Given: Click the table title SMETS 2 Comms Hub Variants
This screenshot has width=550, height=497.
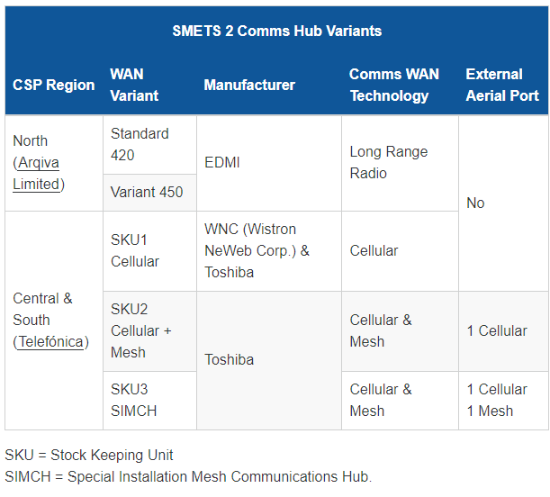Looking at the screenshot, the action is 276,31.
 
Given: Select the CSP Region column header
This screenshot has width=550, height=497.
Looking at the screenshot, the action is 54,85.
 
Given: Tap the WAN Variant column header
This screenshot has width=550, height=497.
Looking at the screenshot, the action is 134,85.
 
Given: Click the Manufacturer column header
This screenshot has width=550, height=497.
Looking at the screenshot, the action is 249,85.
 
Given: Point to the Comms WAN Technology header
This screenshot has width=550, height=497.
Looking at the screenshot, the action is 394,85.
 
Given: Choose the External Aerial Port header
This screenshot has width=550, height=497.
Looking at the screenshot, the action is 502,85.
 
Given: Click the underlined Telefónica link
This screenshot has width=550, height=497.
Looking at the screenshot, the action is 51,342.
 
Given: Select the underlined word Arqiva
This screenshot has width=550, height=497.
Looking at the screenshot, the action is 39,163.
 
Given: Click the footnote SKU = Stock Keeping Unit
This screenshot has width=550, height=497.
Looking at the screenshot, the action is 89,456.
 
